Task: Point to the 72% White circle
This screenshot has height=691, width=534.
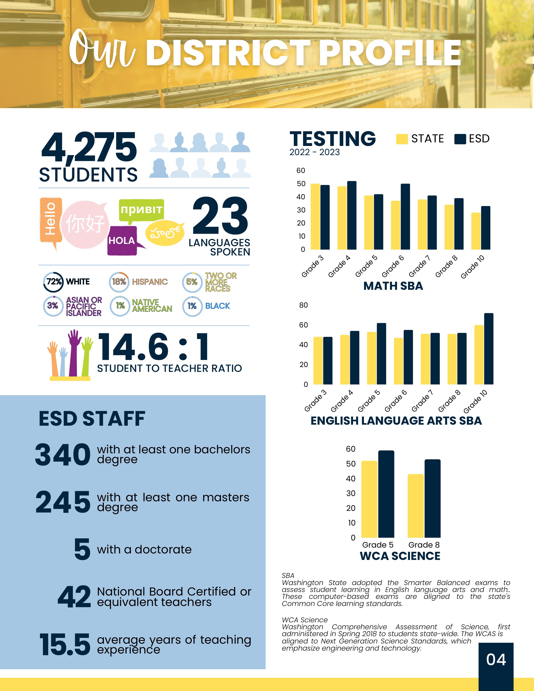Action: tap(53, 282)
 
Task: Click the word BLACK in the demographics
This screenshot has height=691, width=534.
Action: tap(217, 306)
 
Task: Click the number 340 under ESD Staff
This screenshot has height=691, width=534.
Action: tap(63, 455)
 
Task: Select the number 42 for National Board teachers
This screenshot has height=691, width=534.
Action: tap(74, 597)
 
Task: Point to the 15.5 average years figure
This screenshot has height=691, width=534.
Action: tap(65, 644)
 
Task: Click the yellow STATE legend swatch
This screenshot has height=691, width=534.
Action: tap(402, 139)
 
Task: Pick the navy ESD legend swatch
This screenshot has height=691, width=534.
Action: tap(460, 139)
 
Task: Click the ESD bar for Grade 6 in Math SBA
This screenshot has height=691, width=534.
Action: tap(405, 217)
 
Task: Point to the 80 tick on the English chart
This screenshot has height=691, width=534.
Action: tap(303, 305)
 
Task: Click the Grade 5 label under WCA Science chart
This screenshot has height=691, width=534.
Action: tap(378, 545)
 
